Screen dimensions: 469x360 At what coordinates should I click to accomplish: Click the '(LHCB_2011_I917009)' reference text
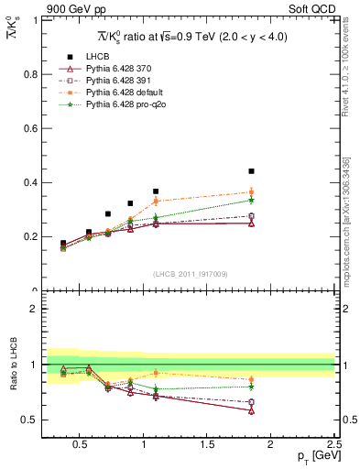[190, 274]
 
